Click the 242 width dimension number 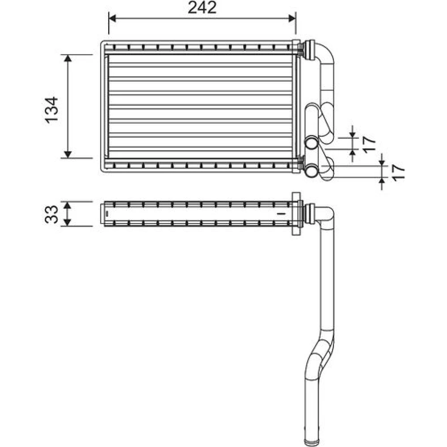[202, 8]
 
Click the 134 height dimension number [52, 110]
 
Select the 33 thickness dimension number [52, 215]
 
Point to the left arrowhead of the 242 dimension [112, 18]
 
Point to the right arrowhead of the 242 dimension [292, 18]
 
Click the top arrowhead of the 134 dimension [68, 58]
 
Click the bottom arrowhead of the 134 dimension [68, 155]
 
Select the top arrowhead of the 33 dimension [67, 205]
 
